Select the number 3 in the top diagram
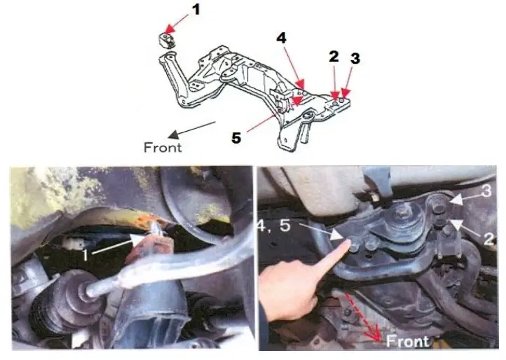point(355,58)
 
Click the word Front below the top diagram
point(163,147)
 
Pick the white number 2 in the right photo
point(489,238)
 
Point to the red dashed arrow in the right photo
point(363,320)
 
